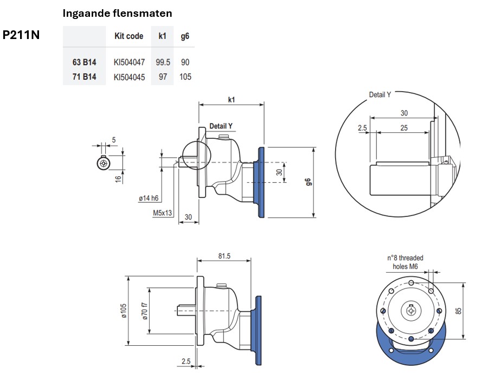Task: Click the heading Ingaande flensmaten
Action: tap(117, 13)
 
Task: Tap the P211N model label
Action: tap(21, 35)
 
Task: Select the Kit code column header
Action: tap(129, 36)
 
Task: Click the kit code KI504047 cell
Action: tap(129, 62)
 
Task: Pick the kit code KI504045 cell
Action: tap(129, 77)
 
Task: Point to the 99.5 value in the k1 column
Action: tap(163, 62)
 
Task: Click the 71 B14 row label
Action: tap(84, 77)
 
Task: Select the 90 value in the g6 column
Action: tap(185, 62)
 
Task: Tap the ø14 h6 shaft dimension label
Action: tap(149, 198)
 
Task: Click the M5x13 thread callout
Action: tap(162, 213)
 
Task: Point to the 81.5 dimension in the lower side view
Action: tap(224, 256)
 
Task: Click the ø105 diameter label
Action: tap(124, 311)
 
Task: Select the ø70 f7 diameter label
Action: tap(145, 311)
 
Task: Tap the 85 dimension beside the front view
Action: tap(458, 311)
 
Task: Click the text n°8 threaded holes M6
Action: tap(405, 262)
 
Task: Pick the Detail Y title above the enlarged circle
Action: tap(380, 94)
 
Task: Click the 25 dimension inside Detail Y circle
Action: tap(404, 128)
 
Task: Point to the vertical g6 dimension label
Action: tap(308, 182)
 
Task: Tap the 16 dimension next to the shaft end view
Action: tap(118, 179)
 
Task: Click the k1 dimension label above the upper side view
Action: tap(232, 100)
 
